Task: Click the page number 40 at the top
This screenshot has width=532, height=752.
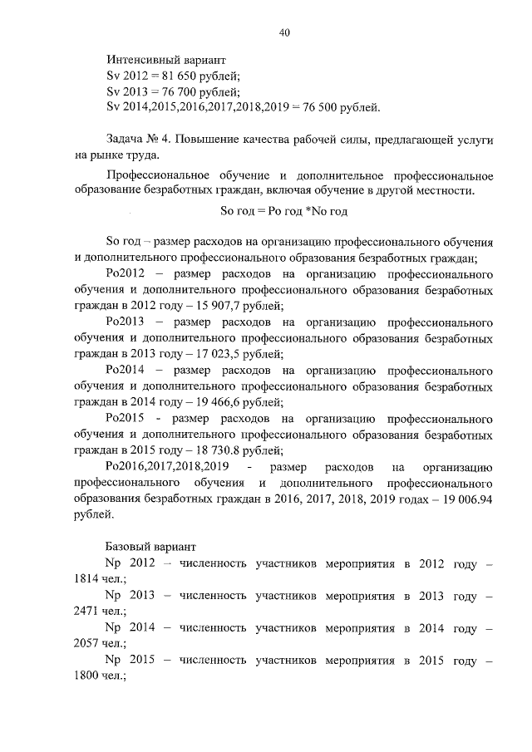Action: [x=284, y=32]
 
